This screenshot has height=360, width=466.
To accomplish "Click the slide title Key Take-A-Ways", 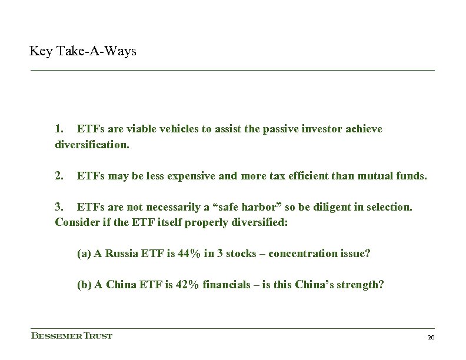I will tap(83, 52).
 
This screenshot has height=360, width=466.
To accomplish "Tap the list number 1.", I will tap(59, 129).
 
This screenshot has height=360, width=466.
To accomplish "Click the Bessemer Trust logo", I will tap(71, 336).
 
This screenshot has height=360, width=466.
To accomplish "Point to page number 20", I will tap(430, 337).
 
